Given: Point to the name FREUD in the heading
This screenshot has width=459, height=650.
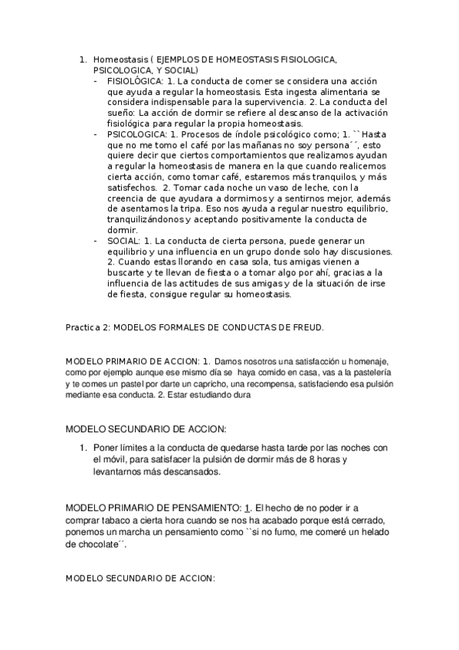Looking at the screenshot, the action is point(308,327).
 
